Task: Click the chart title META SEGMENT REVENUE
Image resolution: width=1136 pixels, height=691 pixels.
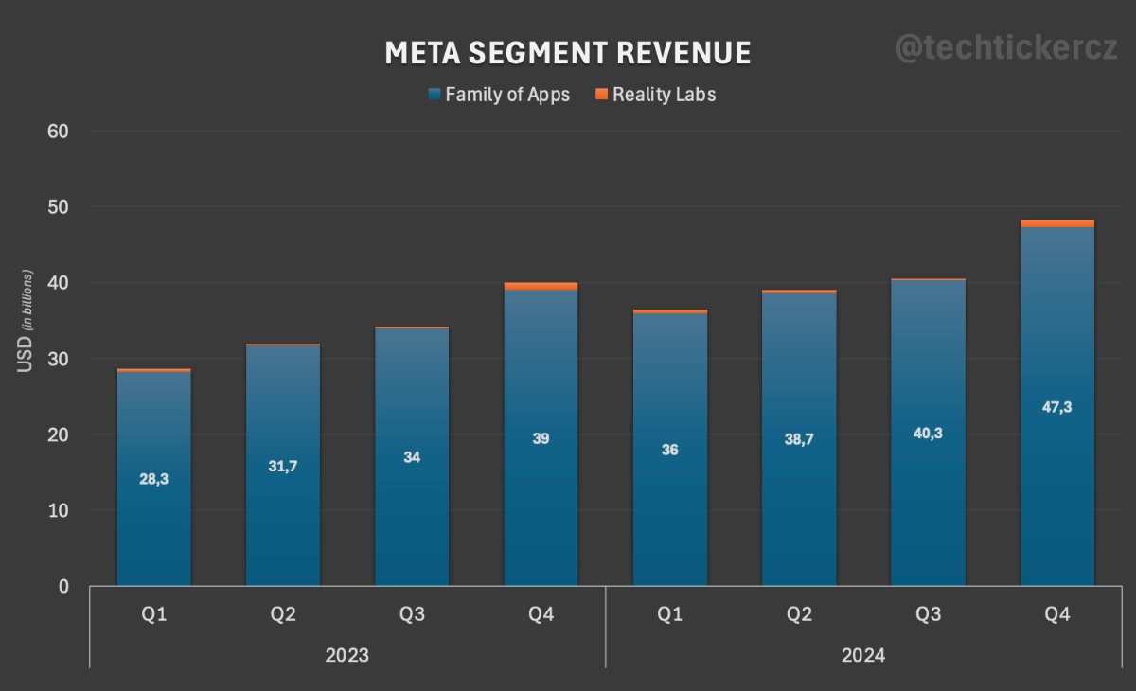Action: [567, 53]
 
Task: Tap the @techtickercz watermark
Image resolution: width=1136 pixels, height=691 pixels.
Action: [1005, 49]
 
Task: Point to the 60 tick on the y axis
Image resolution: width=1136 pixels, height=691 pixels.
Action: [59, 131]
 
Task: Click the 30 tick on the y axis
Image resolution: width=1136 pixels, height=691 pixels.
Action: [59, 359]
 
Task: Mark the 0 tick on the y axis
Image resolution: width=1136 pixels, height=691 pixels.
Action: [63, 587]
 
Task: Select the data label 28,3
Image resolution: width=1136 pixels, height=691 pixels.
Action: [153, 479]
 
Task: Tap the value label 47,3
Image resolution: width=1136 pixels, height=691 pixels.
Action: [1056, 407]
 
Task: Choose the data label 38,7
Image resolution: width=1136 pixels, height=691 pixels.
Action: [799, 440]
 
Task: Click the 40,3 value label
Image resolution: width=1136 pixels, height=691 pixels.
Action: [928, 434]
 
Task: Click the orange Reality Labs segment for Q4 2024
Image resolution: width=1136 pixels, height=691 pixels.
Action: [1056, 223]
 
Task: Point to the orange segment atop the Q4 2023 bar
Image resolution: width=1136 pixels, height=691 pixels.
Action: [541, 286]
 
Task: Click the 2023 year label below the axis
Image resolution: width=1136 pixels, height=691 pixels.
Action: [346, 655]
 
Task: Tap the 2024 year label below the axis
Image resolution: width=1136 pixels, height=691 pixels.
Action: [862, 655]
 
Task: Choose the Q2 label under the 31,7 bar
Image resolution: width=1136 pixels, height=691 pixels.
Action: [282, 614]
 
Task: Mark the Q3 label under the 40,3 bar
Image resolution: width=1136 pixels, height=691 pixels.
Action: [928, 614]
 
